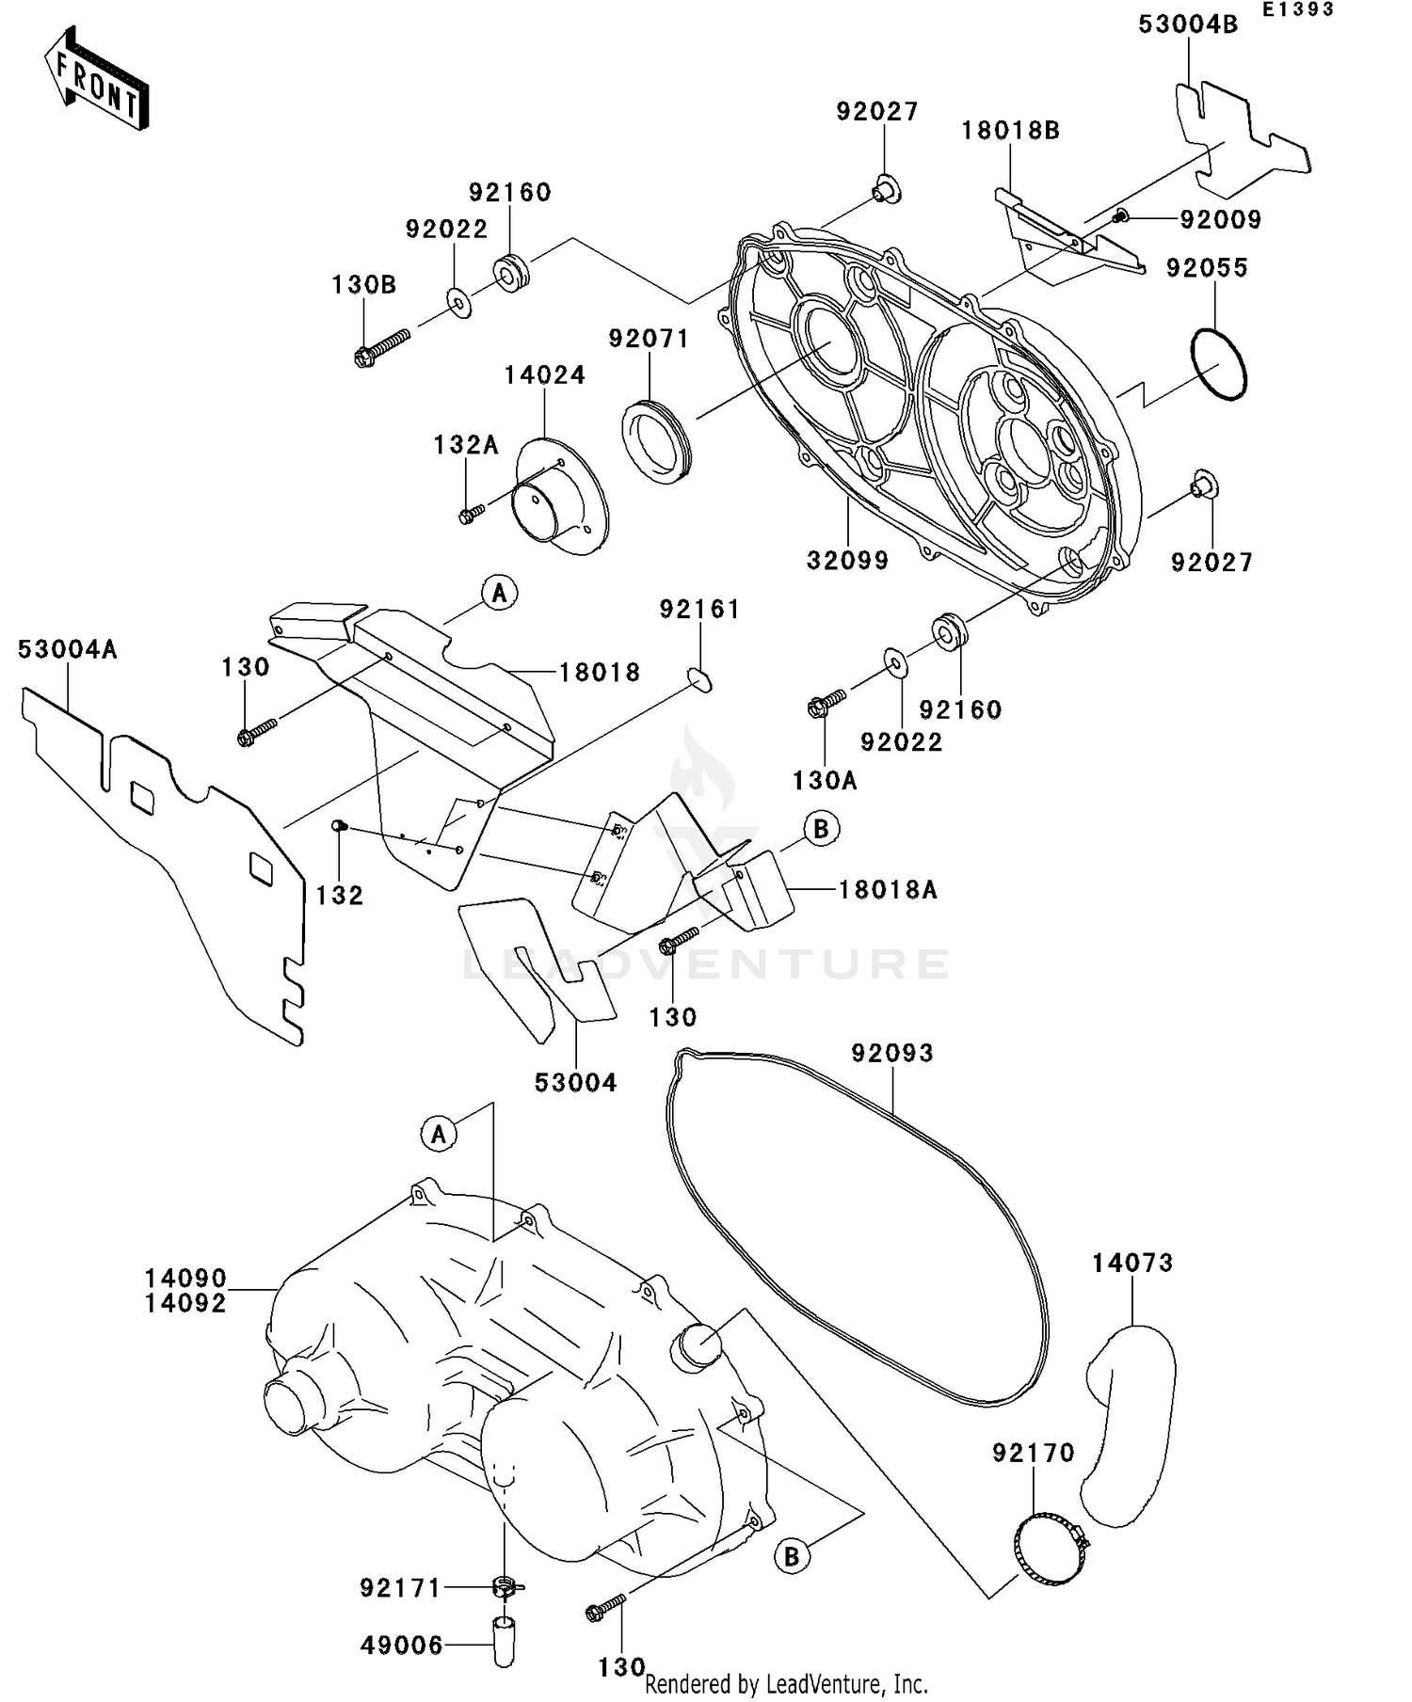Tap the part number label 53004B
(x=1188, y=25)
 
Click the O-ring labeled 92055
(x=1218, y=363)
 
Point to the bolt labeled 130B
(x=382, y=346)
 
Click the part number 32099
(x=847, y=561)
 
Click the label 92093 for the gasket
(x=892, y=1053)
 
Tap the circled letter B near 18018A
(x=821, y=830)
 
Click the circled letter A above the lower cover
(x=439, y=1135)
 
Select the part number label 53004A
(x=68, y=649)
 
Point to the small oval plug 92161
(x=699, y=678)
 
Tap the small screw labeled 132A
(x=471, y=513)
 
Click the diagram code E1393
(x=1298, y=9)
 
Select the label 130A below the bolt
(x=825, y=780)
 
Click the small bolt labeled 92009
(x=1121, y=217)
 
